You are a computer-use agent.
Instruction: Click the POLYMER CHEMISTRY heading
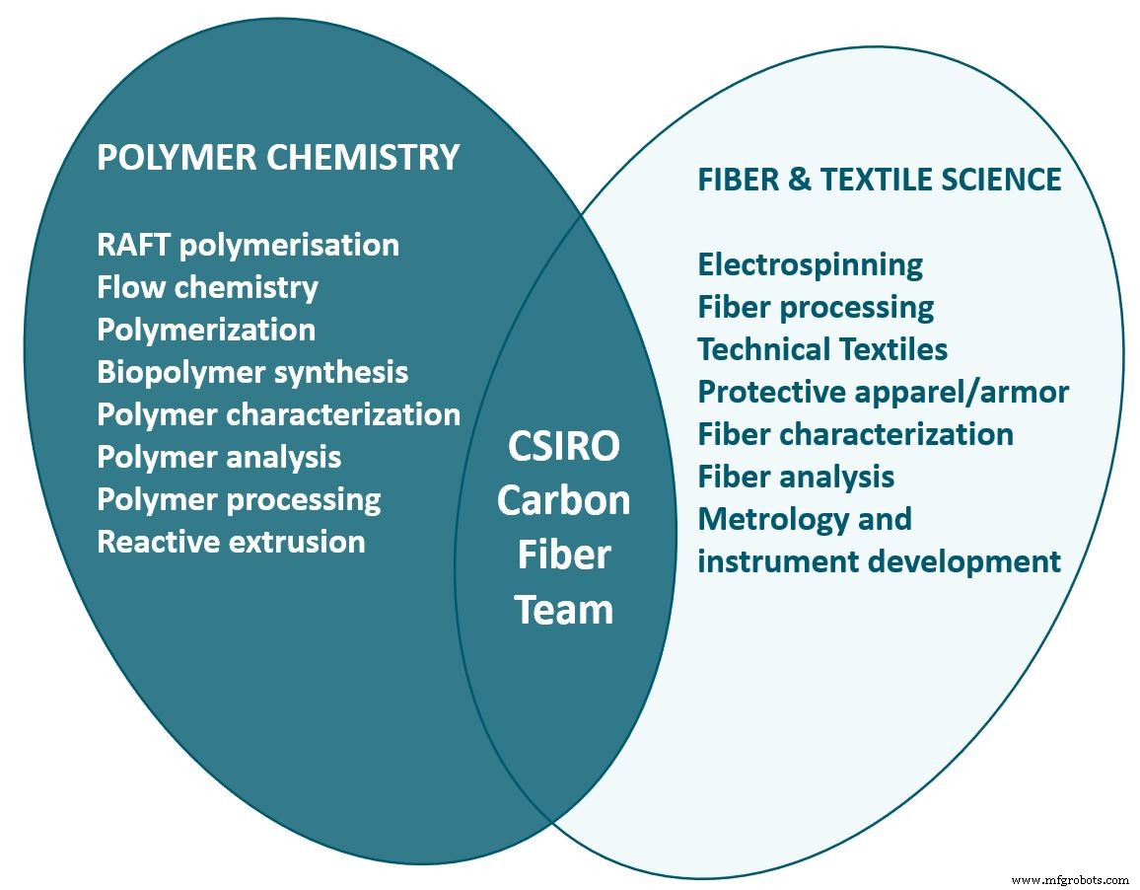(278, 158)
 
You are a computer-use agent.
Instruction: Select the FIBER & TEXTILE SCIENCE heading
(879, 180)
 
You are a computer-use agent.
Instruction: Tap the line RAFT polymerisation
(248, 244)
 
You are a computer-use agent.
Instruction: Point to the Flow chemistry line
(207, 287)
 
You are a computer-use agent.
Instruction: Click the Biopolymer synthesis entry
(252, 372)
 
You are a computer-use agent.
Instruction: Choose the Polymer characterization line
(278, 414)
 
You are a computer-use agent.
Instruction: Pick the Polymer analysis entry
(219, 457)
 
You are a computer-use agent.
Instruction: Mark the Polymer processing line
(239, 499)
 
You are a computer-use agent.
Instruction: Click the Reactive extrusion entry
(231, 542)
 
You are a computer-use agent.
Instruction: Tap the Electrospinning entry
(810, 264)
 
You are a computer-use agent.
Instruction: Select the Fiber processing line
(816, 307)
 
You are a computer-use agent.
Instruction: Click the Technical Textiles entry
(822, 349)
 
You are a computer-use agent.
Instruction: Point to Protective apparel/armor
(883, 392)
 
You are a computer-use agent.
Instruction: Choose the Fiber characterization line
(855, 434)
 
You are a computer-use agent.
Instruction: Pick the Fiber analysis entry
(796, 477)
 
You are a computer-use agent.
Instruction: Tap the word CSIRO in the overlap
(564, 447)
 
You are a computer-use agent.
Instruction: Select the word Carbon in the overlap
(564, 500)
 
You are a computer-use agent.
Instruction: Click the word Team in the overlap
(564, 609)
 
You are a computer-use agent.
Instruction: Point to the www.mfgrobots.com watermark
(1070, 879)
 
